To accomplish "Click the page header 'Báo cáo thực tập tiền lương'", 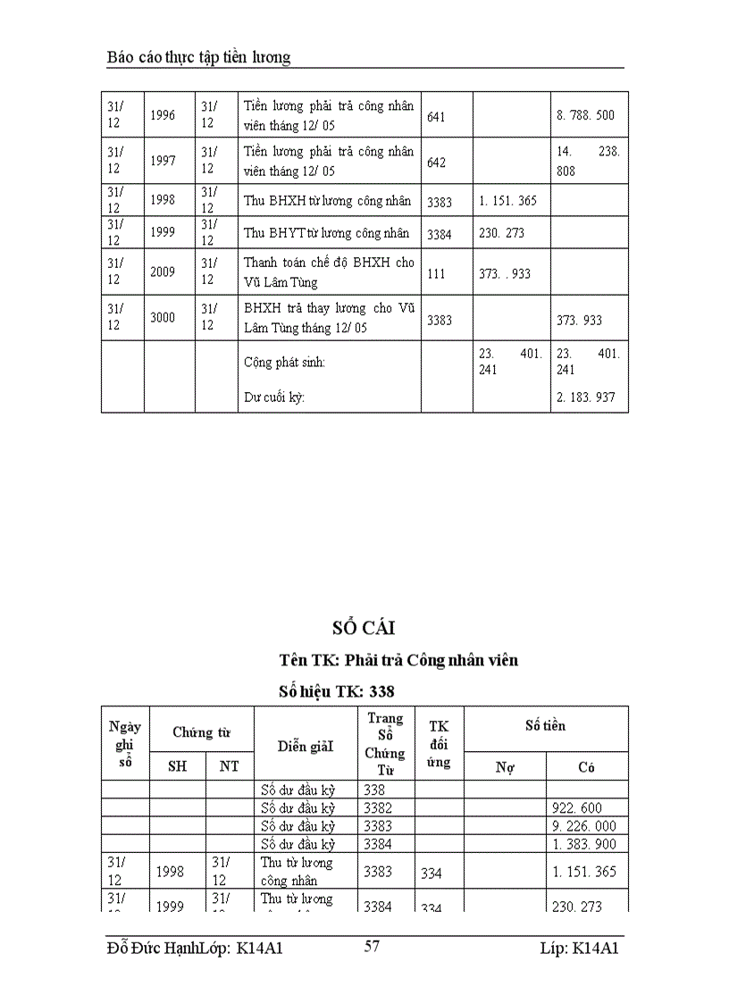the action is pyautogui.click(x=198, y=57).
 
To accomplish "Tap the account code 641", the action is pyautogui.click(x=436, y=116).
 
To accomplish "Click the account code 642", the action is pyautogui.click(x=436, y=162).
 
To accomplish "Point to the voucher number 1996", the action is pyautogui.click(x=163, y=115).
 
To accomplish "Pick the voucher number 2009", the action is pyautogui.click(x=163, y=272).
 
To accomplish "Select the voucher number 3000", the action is pyautogui.click(x=163, y=317).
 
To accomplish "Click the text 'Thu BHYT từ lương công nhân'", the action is pyautogui.click(x=327, y=233).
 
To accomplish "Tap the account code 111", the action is pyautogui.click(x=436, y=273).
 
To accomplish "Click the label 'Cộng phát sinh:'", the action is pyautogui.click(x=285, y=363).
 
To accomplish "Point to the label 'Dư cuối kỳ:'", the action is pyautogui.click(x=274, y=397).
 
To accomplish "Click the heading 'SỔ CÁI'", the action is pyautogui.click(x=364, y=629).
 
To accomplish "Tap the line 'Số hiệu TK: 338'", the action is pyautogui.click(x=337, y=690).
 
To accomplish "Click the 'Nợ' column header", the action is pyautogui.click(x=505, y=766).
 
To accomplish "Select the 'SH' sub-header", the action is pyautogui.click(x=177, y=766).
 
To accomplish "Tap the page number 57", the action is pyautogui.click(x=372, y=947).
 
